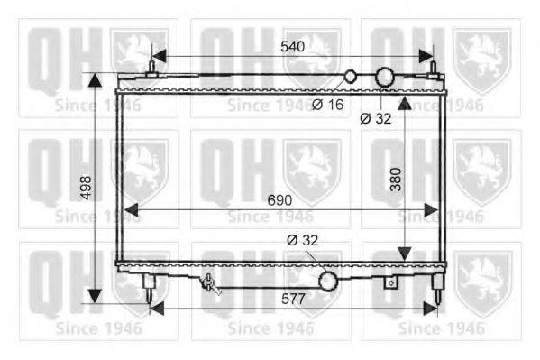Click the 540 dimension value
pyautogui.click(x=292, y=46)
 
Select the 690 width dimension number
pyautogui.click(x=279, y=200)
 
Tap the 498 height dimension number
pyautogui.click(x=86, y=188)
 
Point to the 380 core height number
pyautogui.click(x=396, y=180)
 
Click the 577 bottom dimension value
pyautogui.click(x=293, y=299)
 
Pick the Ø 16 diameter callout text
pyautogui.click(x=328, y=105)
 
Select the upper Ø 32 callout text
pyautogui.click(x=376, y=118)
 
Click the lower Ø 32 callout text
pyautogui.click(x=302, y=240)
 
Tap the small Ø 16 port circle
pyautogui.click(x=351, y=76)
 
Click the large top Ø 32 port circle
pyautogui.click(x=384, y=77)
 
